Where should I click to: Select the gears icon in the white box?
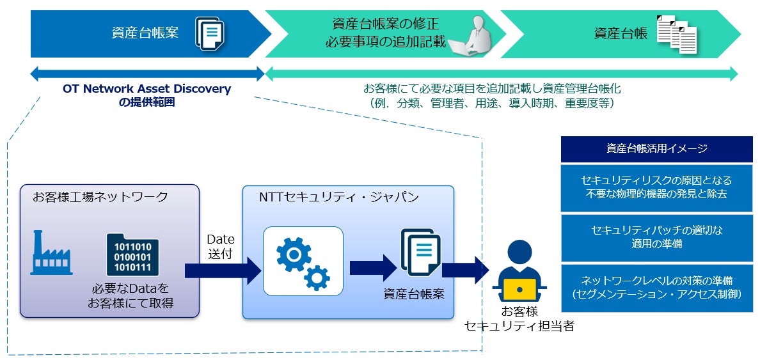pyautogui.click(x=303, y=261)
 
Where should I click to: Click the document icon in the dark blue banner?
pyautogui.click(x=210, y=34)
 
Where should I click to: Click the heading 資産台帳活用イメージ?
pyautogui.click(x=656, y=149)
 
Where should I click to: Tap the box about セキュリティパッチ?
pyautogui.click(x=656, y=237)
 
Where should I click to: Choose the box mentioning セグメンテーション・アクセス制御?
pyautogui.click(x=656, y=288)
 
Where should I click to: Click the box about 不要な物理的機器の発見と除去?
pyautogui.click(x=656, y=187)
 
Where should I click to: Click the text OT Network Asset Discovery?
pyautogui.click(x=146, y=89)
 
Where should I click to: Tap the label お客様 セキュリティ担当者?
pyautogui.click(x=519, y=318)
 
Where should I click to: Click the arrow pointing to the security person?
pyautogui.click(x=465, y=269)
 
